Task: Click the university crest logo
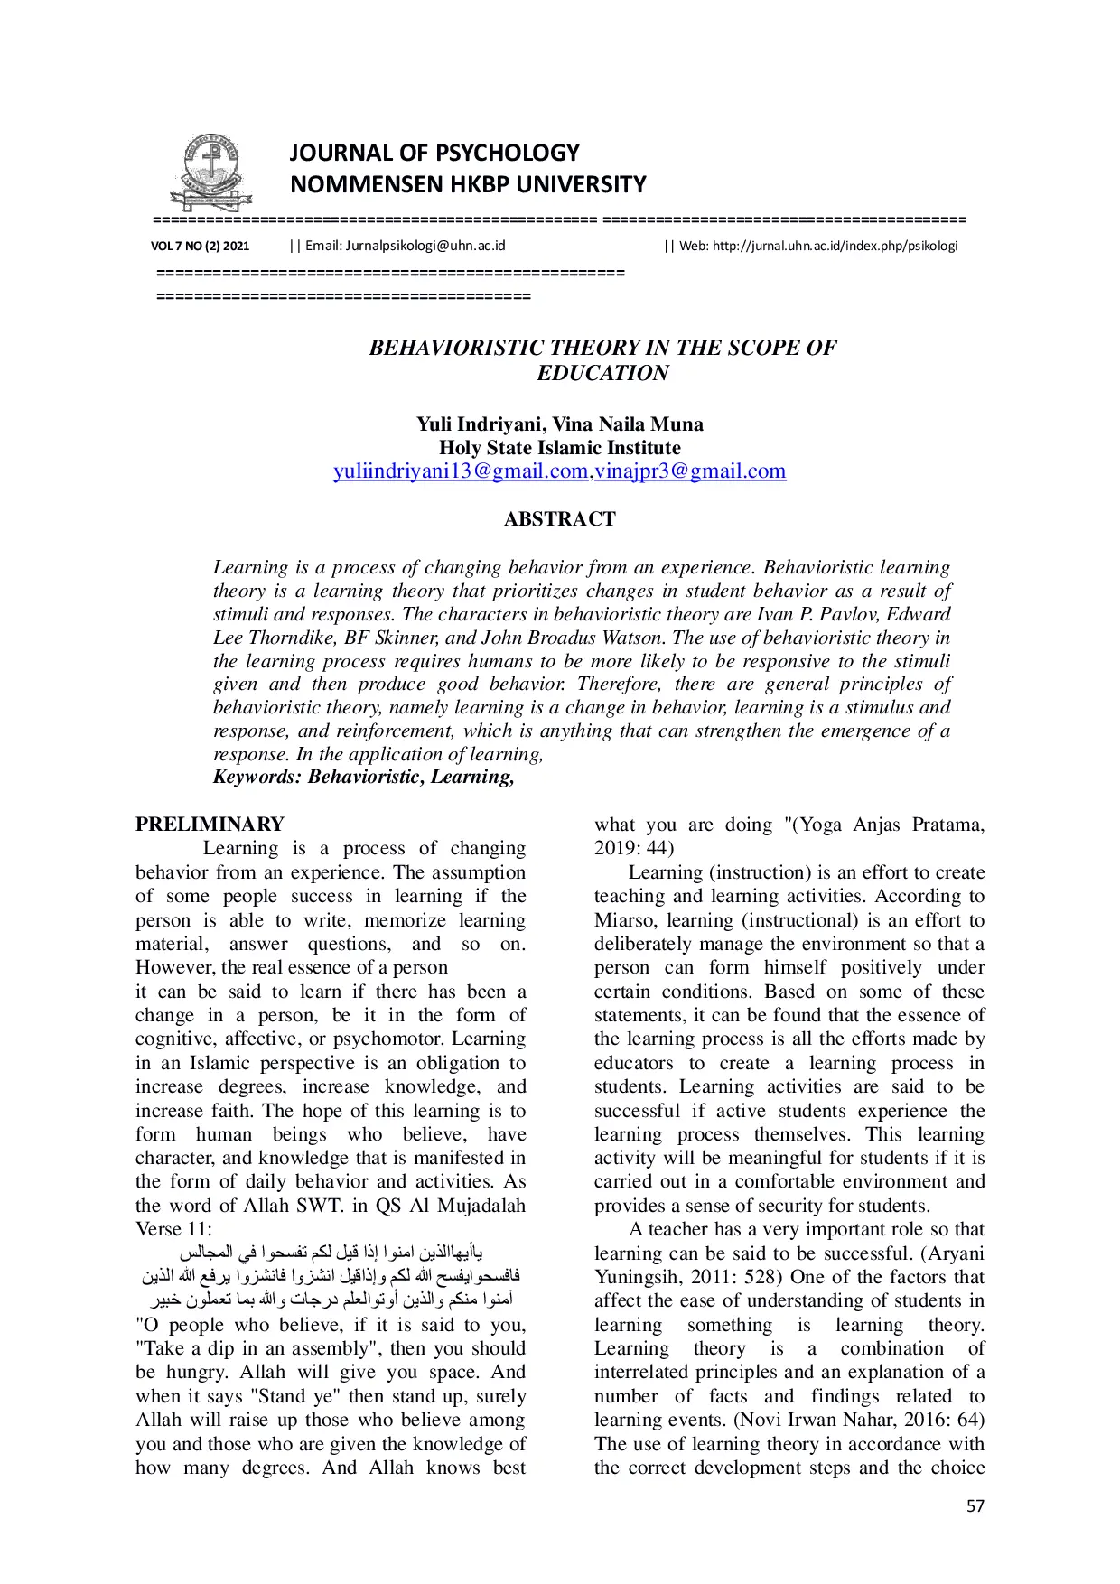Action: pos(210,172)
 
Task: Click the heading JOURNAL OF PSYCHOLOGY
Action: pos(434,153)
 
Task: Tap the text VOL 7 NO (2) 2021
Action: pos(200,246)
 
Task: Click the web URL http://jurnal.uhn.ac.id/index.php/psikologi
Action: pos(835,246)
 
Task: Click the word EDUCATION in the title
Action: pos(602,373)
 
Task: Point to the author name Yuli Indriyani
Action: pos(478,424)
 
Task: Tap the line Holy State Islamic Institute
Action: pos(559,448)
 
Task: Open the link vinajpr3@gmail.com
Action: pos(690,471)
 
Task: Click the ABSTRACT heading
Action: pos(559,519)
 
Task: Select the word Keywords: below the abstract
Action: pos(257,778)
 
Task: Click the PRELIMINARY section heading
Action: pos(210,825)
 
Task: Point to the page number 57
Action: pos(975,1505)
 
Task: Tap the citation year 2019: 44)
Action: pos(633,848)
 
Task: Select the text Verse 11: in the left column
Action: pos(173,1229)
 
